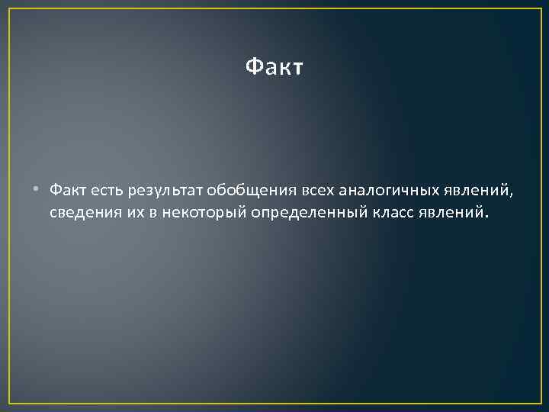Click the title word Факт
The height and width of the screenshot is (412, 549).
pyautogui.click(x=274, y=68)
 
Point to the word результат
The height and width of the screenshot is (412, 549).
pyautogui.click(x=163, y=190)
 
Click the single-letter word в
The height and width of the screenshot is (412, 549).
pyautogui.click(x=152, y=211)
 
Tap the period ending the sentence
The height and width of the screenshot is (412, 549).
pyautogui.click(x=483, y=216)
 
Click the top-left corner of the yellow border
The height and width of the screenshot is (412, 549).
pyautogui.click(x=10, y=9)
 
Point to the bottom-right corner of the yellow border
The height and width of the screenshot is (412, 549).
pyautogui.click(x=540, y=402)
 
